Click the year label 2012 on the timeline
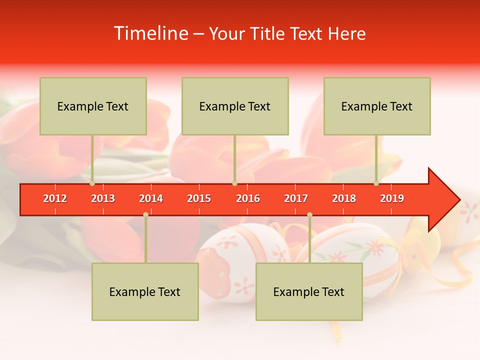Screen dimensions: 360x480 click(55, 198)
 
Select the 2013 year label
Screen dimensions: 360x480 click(103, 198)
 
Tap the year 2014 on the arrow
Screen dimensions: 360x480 click(151, 198)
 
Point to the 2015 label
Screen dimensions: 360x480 click(199, 198)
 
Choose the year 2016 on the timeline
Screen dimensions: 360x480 click(248, 198)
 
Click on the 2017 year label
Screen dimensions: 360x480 click(296, 198)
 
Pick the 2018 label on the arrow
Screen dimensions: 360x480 click(344, 198)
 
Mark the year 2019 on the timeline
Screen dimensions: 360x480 click(392, 198)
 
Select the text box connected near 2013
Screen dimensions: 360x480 click(93, 106)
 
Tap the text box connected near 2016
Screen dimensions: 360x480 click(235, 106)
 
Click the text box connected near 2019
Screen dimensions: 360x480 click(377, 106)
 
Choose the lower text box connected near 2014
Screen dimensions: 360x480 click(145, 291)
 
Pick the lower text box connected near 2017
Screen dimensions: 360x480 click(309, 291)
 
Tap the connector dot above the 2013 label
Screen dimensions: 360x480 click(92, 183)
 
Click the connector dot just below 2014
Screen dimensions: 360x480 click(145, 214)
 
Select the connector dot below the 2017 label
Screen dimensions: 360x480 click(309, 214)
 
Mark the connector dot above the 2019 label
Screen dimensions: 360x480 click(376, 183)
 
